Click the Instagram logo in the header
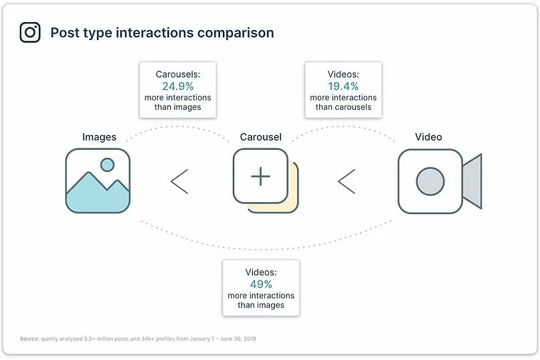[x=30, y=32]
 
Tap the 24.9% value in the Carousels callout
[x=177, y=86]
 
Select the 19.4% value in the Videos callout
[x=343, y=86]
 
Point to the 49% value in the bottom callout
[x=261, y=284]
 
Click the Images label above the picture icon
[x=99, y=137]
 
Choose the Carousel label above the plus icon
[x=261, y=137]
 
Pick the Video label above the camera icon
[x=428, y=137]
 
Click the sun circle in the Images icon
[x=106, y=164]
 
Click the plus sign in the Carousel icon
[x=261, y=176]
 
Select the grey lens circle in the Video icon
[x=430, y=181]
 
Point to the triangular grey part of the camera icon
[x=473, y=181]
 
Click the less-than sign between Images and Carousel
[x=179, y=181]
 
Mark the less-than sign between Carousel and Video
[x=347, y=181]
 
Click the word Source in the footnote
[x=29, y=339]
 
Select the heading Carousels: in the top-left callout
[x=177, y=75]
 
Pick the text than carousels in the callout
[x=343, y=107]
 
